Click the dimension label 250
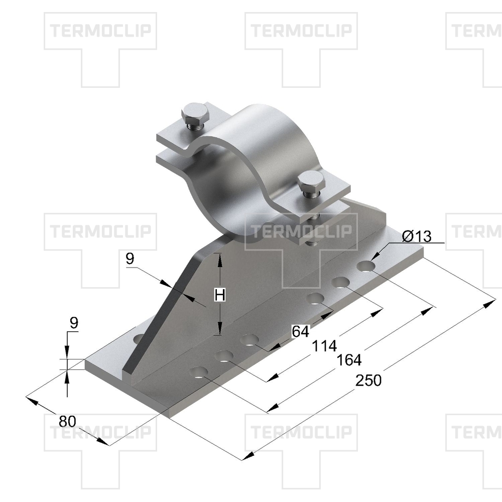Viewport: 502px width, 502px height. click(368, 381)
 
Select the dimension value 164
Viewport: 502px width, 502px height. click(349, 360)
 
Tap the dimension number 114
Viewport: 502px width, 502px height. click(324, 346)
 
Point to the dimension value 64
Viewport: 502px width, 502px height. click(301, 331)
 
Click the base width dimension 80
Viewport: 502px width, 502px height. click(67, 421)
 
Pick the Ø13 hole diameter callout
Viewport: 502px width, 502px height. click(417, 236)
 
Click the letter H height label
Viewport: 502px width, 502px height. click(220, 295)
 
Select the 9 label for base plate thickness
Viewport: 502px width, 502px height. click(74, 322)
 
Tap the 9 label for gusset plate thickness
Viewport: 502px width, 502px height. click(130, 259)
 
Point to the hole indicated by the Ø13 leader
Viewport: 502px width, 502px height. click(366, 266)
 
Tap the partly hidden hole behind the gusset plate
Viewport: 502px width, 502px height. click(139, 338)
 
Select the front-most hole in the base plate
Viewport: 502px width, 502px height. click(199, 372)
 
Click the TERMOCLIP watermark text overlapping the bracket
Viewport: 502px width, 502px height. click(301, 231)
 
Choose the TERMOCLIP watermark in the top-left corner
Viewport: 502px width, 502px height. click(100, 31)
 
